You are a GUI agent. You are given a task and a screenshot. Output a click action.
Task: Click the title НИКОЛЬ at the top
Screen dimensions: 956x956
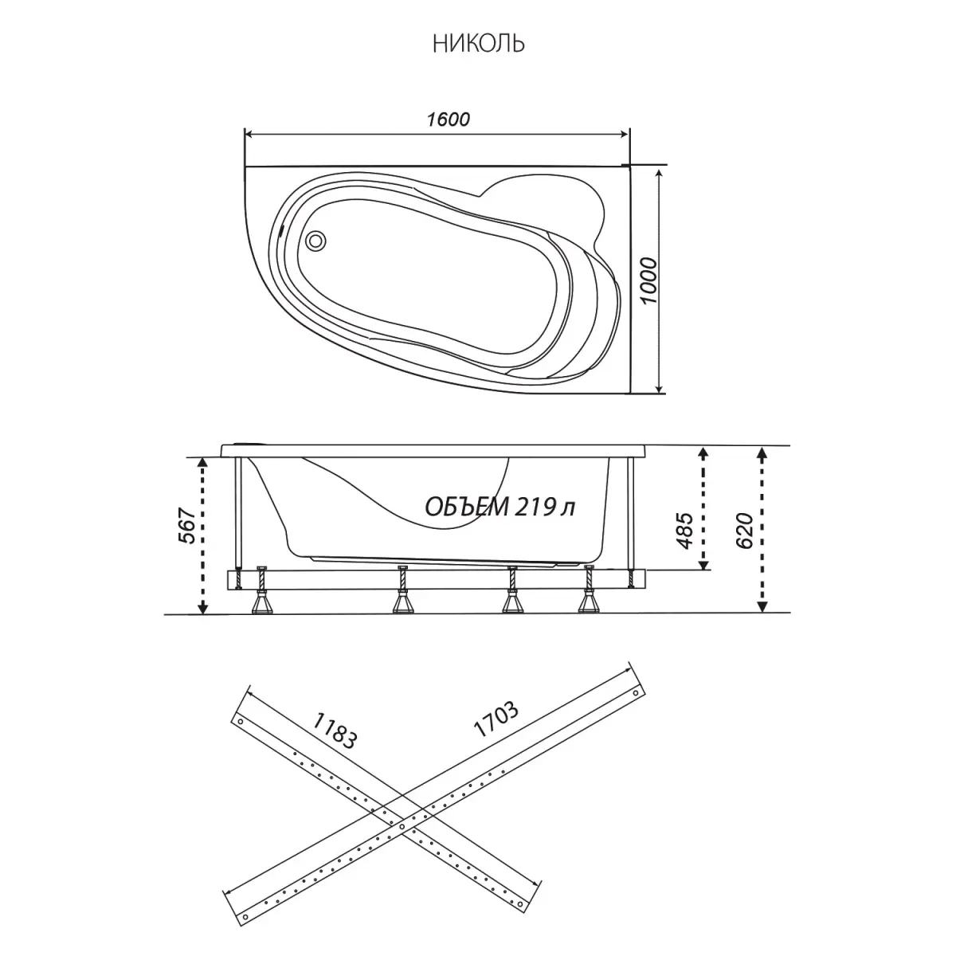pyautogui.click(x=478, y=44)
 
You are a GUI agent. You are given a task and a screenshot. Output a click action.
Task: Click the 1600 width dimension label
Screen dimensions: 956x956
pyautogui.click(x=448, y=119)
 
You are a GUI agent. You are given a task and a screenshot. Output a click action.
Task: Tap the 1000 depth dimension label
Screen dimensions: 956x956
pyautogui.click(x=648, y=280)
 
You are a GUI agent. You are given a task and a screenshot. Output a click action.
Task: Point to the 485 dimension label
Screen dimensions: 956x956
pyautogui.click(x=684, y=531)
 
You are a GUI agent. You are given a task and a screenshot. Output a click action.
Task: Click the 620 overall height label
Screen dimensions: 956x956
pyautogui.click(x=744, y=531)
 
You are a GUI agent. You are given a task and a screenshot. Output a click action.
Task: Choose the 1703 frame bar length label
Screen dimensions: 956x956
pyautogui.click(x=496, y=719)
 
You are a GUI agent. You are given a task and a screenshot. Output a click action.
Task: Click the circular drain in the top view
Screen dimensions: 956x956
pyautogui.click(x=315, y=241)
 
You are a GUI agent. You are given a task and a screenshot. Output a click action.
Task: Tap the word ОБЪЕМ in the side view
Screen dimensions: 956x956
pyautogui.click(x=467, y=507)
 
